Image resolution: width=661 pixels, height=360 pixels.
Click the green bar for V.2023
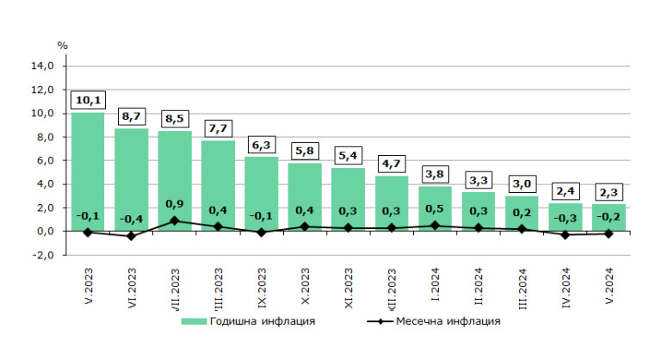pyautogui.click(x=88, y=172)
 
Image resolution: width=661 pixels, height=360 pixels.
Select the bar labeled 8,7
pyautogui.click(x=131, y=181)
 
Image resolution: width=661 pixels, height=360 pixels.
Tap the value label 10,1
pyautogui.click(x=88, y=101)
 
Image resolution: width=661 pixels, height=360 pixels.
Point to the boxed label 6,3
pyautogui.click(x=261, y=146)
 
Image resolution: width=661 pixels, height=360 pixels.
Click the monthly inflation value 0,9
pyautogui.click(x=174, y=204)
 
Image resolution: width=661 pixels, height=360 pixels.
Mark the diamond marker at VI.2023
pyautogui.click(x=131, y=236)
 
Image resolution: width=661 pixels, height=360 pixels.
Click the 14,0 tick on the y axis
pyautogui.click(x=42, y=65)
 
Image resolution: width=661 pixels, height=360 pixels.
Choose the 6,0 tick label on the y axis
pyautogui.click(x=42, y=160)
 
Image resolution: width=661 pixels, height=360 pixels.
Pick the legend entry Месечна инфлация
pyautogui.click(x=448, y=321)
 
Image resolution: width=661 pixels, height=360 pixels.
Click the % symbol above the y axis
pyautogui.click(x=61, y=45)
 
